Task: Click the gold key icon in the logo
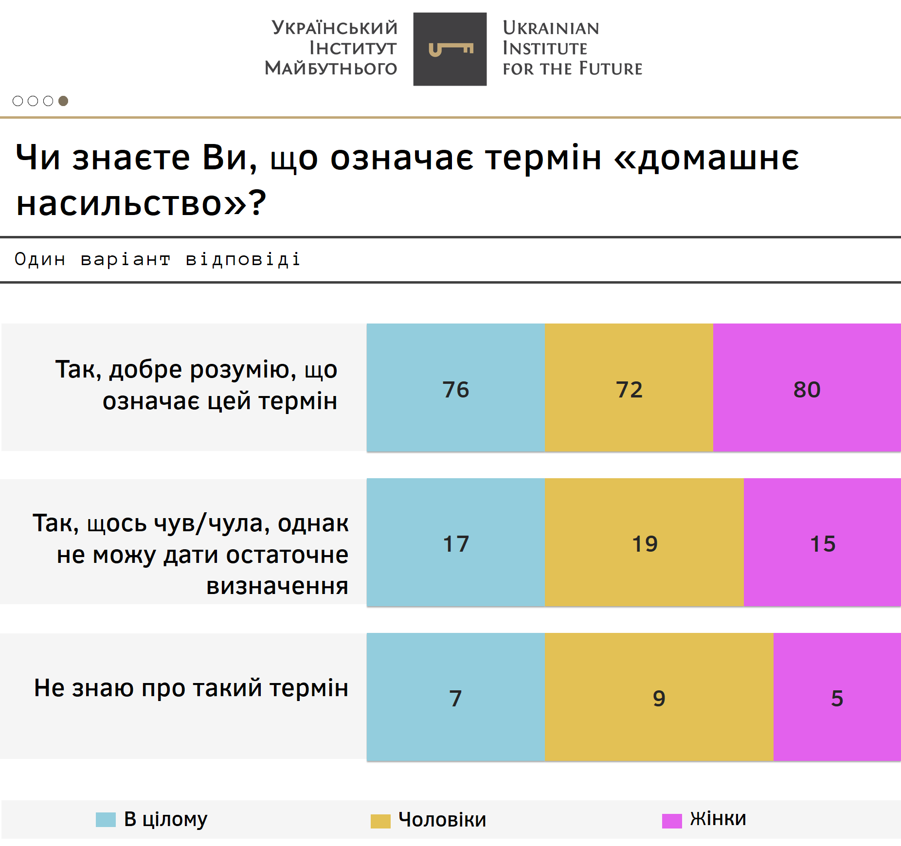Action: click(450, 49)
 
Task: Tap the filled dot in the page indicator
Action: click(63, 101)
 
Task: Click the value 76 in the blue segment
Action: click(456, 390)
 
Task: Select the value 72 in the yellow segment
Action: click(629, 390)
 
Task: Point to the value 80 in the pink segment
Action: click(807, 390)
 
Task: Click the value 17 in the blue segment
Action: click(456, 544)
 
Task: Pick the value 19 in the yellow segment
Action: click(645, 544)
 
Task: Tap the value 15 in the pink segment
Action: click(823, 544)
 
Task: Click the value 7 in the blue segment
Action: click(455, 699)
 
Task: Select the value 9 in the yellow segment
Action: click(659, 699)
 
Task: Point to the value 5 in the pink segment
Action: click(837, 699)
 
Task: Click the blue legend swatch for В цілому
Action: click(106, 820)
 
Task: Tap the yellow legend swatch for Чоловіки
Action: click(380, 821)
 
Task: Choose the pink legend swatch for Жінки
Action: click(672, 821)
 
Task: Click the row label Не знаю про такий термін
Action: click(191, 688)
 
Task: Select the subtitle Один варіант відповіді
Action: click(158, 259)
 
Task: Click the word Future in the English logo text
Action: click(611, 69)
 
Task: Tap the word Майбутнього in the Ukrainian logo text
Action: click(331, 68)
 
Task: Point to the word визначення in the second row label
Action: click(277, 586)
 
